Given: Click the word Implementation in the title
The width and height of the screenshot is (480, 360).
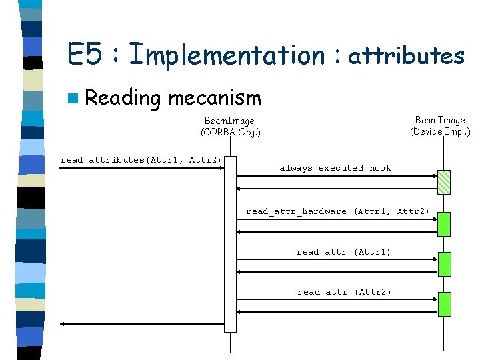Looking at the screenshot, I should click(226, 55).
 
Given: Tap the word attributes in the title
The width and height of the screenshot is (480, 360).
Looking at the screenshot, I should click(406, 55).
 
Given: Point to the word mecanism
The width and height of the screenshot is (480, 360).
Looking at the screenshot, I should click(214, 98).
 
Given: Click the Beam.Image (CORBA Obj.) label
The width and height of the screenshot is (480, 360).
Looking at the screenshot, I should click(230, 126).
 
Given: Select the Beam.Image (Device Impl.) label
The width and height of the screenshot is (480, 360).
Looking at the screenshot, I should click(440, 125).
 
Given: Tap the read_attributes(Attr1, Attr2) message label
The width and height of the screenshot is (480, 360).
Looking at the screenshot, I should click(141, 160).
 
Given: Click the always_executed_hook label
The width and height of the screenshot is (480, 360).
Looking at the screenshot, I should click(335, 168).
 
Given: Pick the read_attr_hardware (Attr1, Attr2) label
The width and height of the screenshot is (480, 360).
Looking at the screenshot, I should click(337, 211).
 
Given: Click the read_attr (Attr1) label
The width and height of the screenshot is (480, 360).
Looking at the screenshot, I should click(343, 252).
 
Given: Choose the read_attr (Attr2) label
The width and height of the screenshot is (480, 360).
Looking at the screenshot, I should click(344, 292).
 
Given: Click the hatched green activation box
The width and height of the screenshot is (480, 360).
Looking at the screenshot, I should click(444, 181).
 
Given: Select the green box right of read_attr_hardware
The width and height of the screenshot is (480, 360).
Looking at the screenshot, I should click(444, 224).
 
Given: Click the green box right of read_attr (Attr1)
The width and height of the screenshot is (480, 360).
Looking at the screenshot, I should click(444, 264).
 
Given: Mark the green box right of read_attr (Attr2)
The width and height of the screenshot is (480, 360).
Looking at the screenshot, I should click(444, 304).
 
